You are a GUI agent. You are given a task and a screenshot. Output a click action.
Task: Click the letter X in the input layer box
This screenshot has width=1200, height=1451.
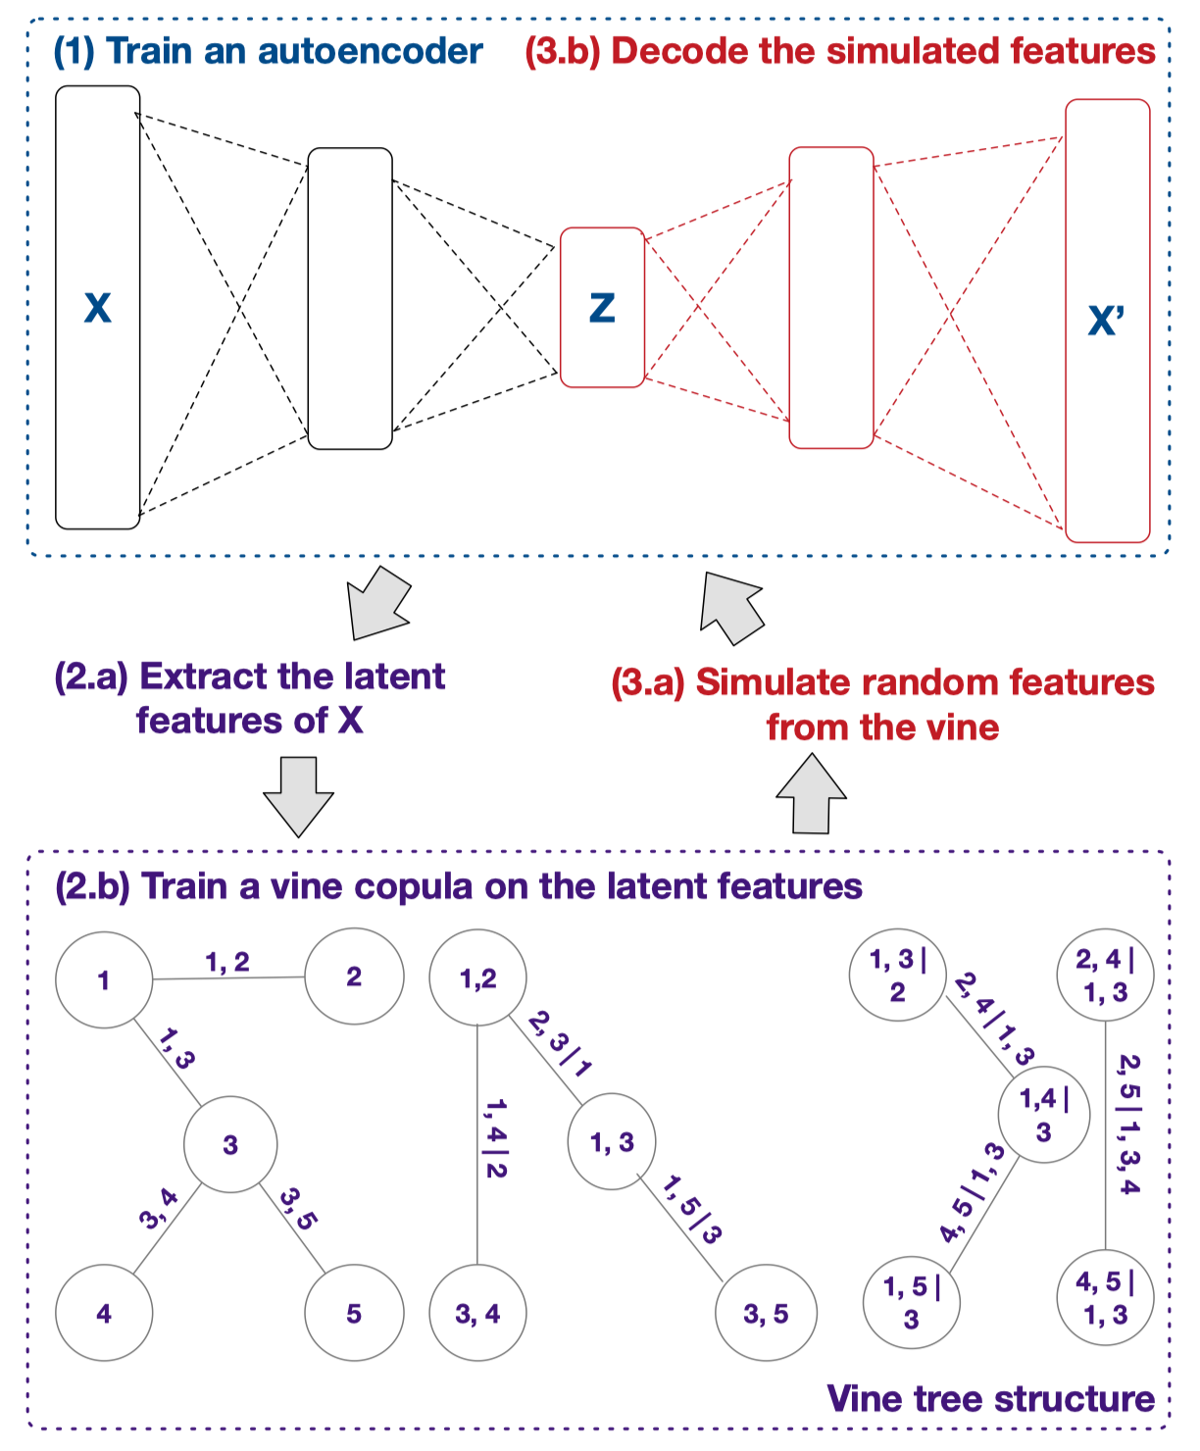(x=97, y=308)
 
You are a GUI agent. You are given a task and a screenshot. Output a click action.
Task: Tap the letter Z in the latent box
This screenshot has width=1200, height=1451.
(x=602, y=308)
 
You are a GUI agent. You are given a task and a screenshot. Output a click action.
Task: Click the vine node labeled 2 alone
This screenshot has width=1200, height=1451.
(x=354, y=977)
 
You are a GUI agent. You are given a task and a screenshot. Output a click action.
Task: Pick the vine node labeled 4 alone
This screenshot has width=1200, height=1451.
(x=104, y=1313)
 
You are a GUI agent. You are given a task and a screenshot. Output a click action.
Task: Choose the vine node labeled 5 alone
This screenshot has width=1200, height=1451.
(x=354, y=1313)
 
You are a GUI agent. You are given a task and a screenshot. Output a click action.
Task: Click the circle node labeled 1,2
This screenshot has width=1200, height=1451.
(x=478, y=977)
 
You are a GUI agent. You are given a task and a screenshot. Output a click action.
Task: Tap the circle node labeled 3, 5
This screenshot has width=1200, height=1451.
(x=766, y=1313)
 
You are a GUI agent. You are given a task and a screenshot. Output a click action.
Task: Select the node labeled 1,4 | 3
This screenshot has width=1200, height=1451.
(x=1044, y=1115)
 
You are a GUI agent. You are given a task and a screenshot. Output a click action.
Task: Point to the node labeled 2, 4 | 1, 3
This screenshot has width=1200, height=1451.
(x=1105, y=976)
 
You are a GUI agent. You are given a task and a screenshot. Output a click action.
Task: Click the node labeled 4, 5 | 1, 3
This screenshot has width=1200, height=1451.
(x=1105, y=1298)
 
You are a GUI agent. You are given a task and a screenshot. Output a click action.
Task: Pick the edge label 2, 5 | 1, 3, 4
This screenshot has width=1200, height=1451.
(x=1128, y=1124)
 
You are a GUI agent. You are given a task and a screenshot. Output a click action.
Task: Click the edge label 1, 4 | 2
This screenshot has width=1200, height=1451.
(x=496, y=1137)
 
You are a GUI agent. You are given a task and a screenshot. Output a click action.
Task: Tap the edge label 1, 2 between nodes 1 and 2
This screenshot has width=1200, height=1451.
(x=227, y=963)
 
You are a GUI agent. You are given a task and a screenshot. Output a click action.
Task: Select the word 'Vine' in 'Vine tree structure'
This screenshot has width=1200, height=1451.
(x=865, y=1398)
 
